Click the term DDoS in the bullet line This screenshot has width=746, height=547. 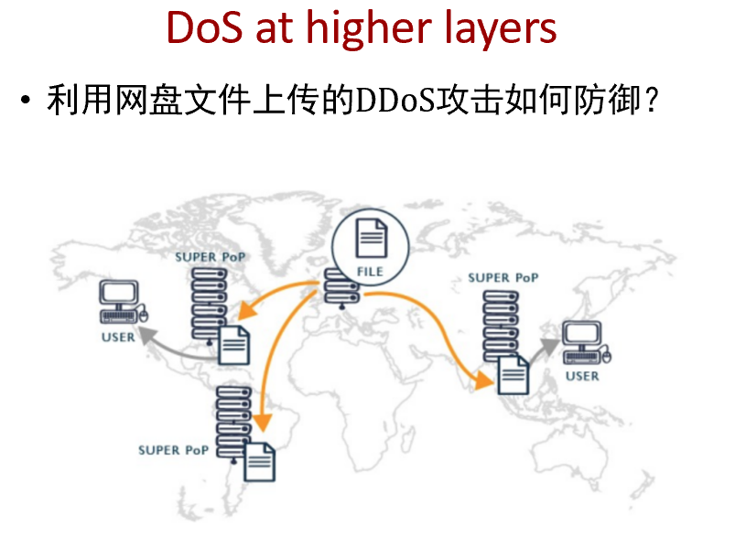(x=395, y=102)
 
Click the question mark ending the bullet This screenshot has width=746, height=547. (x=651, y=102)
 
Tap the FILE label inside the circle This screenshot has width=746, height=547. (x=370, y=272)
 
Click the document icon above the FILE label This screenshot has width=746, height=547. (x=371, y=239)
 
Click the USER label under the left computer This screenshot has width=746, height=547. (x=118, y=337)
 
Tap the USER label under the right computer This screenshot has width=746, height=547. (x=582, y=376)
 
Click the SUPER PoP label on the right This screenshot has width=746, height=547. (x=503, y=277)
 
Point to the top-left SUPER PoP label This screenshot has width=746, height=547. (x=210, y=257)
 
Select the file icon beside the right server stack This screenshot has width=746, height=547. (x=513, y=374)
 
